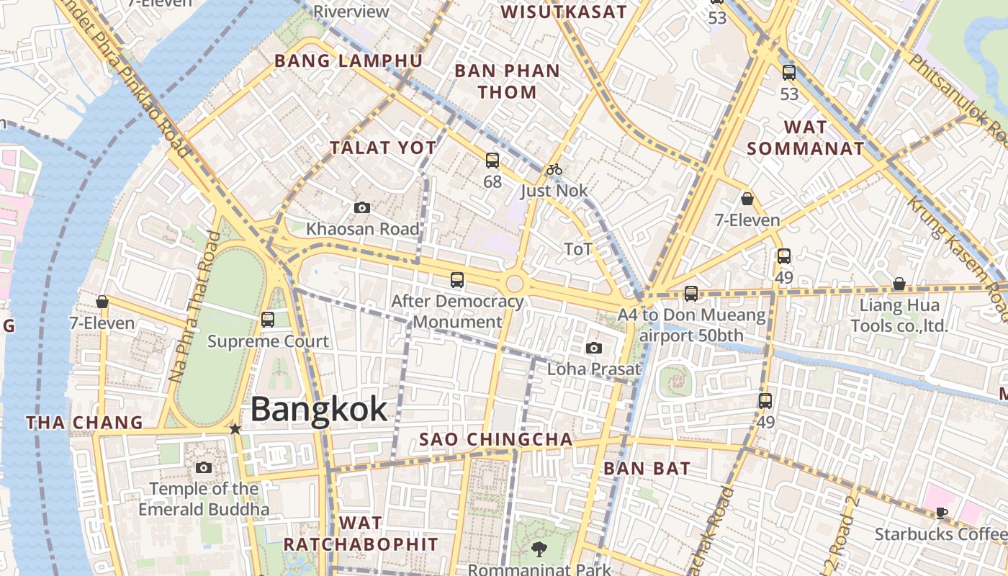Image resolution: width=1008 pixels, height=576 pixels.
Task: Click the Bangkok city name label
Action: pyautogui.click(x=319, y=409)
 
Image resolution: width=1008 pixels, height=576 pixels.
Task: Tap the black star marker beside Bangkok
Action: pyautogui.click(x=235, y=428)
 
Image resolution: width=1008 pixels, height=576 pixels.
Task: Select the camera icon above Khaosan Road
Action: pyautogui.click(x=362, y=208)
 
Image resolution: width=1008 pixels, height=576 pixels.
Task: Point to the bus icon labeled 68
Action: pyautogui.click(x=492, y=160)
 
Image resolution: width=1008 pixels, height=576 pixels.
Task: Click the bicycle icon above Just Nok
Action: pyautogui.click(x=554, y=169)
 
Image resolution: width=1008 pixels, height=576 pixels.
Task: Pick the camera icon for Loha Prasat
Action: pyautogui.click(x=594, y=348)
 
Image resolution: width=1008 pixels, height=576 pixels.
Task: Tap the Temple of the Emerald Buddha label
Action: pyautogui.click(x=204, y=499)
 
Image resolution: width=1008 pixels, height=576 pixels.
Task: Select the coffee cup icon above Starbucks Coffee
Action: pyautogui.click(x=941, y=513)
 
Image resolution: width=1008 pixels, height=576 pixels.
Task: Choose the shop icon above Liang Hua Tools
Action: pyautogui.click(x=899, y=284)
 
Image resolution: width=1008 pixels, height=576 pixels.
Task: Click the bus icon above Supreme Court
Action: pyautogui.click(x=268, y=319)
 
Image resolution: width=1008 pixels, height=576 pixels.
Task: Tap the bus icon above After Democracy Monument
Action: pyautogui.click(x=457, y=280)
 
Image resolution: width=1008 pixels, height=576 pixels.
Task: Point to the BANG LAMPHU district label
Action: pyautogui.click(x=348, y=60)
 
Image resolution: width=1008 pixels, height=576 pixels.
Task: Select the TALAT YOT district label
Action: pyautogui.click(x=383, y=148)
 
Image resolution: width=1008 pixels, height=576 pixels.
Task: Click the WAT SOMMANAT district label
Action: pyautogui.click(x=805, y=138)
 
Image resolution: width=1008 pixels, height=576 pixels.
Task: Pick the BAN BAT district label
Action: pyautogui.click(x=647, y=468)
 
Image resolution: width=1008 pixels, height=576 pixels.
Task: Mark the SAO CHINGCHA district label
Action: pyautogui.click(x=496, y=439)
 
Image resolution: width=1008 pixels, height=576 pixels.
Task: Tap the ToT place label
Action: pyautogui.click(x=578, y=249)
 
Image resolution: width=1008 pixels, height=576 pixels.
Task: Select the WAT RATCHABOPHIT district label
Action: pyautogui.click(x=361, y=533)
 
